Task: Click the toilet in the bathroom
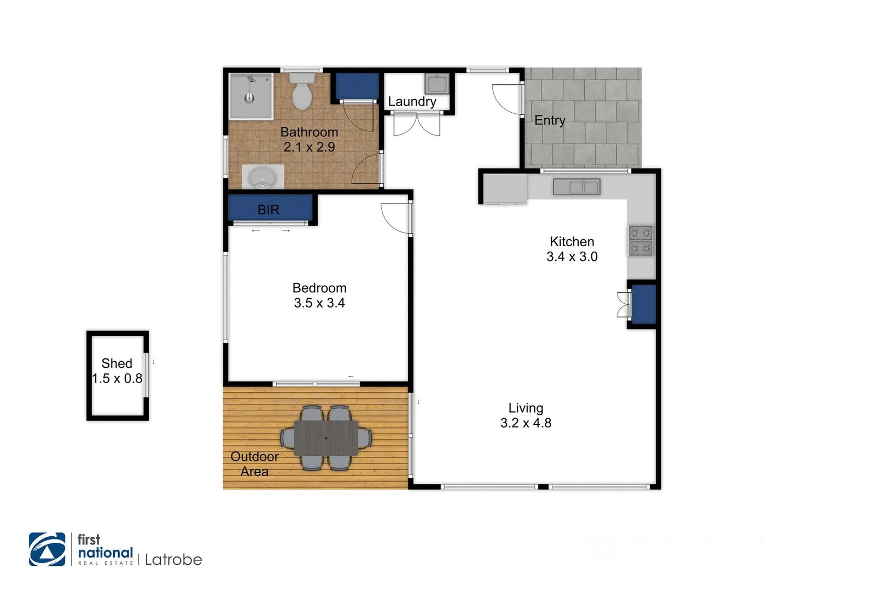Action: pos(301,93)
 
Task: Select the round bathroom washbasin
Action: pos(263,177)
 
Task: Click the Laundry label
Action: pos(412,102)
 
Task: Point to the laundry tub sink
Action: pos(437,84)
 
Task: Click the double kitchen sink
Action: pos(576,187)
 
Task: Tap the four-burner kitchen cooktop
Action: pos(640,241)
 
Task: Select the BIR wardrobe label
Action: pos(269,210)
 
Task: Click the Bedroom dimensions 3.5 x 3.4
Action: pos(319,303)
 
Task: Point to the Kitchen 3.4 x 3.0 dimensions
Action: pos(572,257)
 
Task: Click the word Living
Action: pos(526,408)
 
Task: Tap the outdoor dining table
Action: pos(326,438)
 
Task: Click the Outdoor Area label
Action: pos(254,464)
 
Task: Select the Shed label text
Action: pos(116,363)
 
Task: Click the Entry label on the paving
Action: pos(550,120)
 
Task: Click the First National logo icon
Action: pos(47,549)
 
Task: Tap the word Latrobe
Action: pos(173,560)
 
